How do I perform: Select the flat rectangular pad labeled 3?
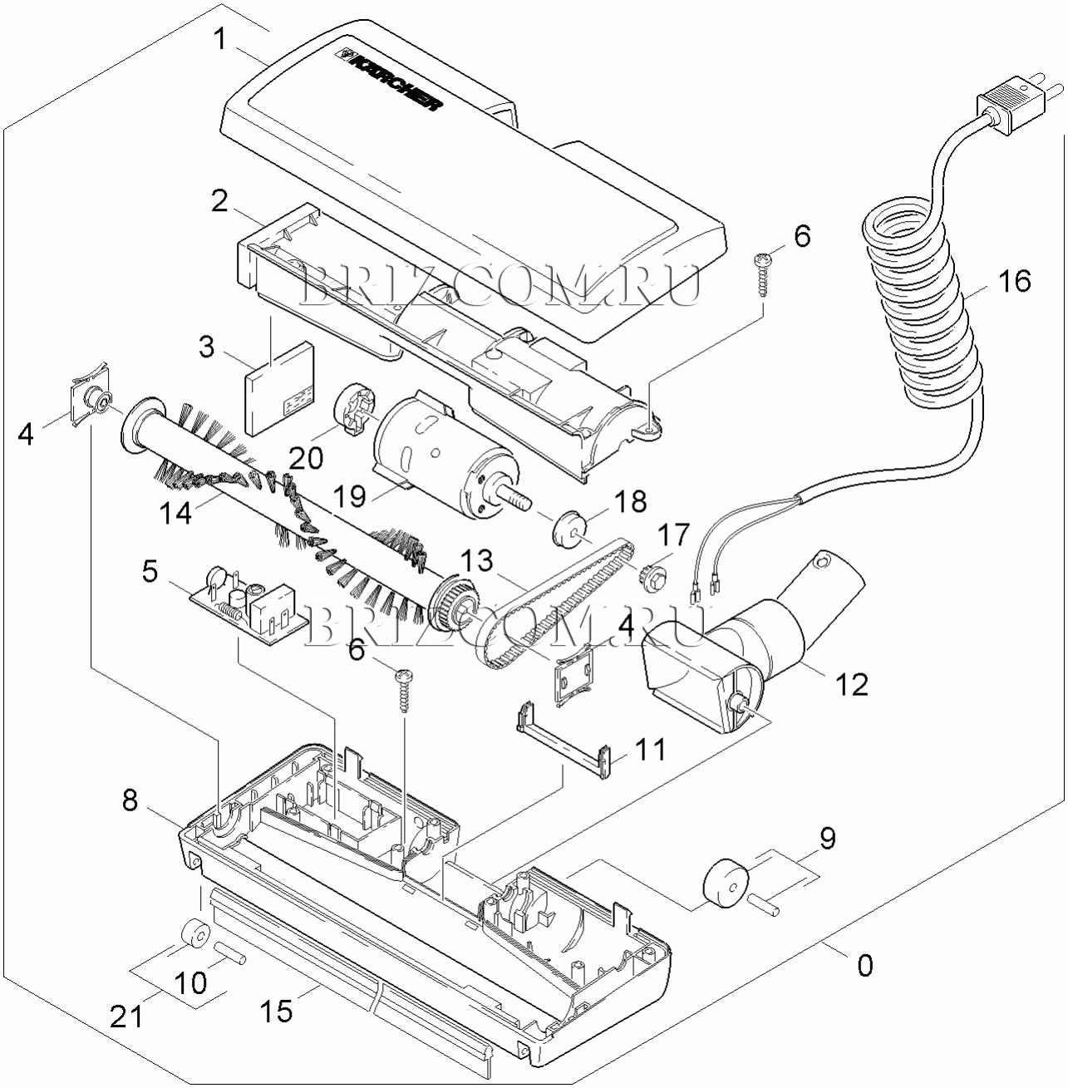280,389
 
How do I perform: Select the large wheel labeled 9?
725,886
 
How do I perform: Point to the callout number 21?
127,1017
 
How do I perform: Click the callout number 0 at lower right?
864,965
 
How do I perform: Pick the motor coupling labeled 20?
352,411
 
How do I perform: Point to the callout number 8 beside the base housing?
130,800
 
